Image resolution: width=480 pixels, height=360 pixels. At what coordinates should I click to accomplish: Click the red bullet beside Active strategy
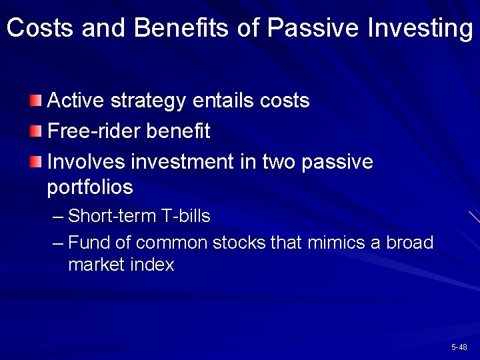(36, 101)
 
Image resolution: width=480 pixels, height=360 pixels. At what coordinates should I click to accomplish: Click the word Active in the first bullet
(71, 101)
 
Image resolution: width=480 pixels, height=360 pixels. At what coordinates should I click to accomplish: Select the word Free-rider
(90, 131)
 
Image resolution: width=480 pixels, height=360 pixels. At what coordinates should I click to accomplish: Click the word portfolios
(90, 188)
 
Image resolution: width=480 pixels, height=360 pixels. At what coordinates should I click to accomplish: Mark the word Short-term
(112, 216)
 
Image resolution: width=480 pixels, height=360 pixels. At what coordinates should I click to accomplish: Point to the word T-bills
(185, 216)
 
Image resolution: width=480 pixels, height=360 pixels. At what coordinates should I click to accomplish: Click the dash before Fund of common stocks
(58, 242)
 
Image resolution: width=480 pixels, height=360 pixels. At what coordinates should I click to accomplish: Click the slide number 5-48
(459, 347)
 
